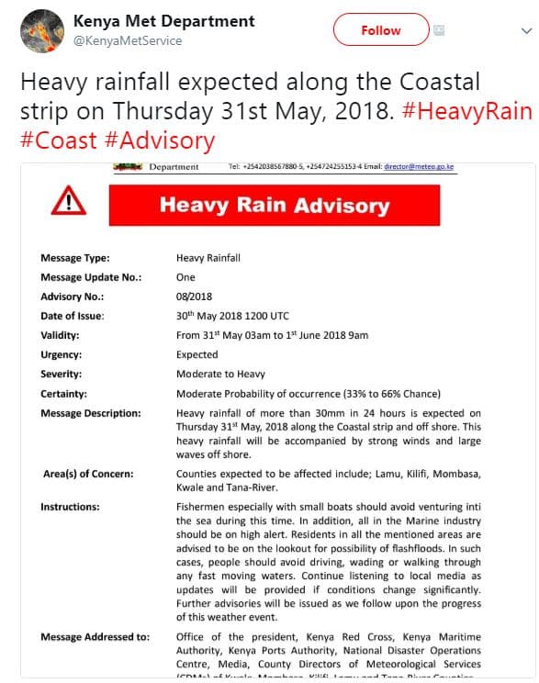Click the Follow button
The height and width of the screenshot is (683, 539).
coord(380,30)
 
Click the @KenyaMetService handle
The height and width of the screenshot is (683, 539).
coord(128,40)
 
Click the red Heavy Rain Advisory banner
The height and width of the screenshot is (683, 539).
coord(274,204)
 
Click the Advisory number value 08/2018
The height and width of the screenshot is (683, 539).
coord(194,297)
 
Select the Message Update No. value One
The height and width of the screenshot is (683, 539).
coord(185,277)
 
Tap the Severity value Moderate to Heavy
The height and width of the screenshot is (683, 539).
coord(220,374)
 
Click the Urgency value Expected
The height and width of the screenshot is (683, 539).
coord(197,354)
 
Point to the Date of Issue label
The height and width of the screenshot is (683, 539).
coord(73,316)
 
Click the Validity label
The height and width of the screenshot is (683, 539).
coord(60,335)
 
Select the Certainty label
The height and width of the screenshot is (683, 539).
coord(63,393)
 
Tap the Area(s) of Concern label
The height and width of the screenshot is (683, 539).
coord(87,474)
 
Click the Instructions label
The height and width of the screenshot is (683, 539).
coord(71,507)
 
